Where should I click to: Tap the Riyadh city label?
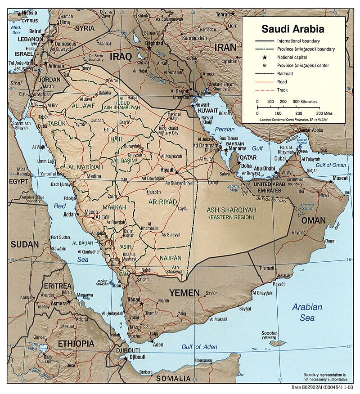(167, 170)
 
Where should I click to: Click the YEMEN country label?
(184, 293)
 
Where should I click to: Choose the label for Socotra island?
(269, 333)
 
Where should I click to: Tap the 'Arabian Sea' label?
(307, 312)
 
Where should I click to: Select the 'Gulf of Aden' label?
(199, 347)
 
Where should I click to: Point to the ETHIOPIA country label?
(76, 344)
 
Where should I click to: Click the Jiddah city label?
(70, 214)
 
